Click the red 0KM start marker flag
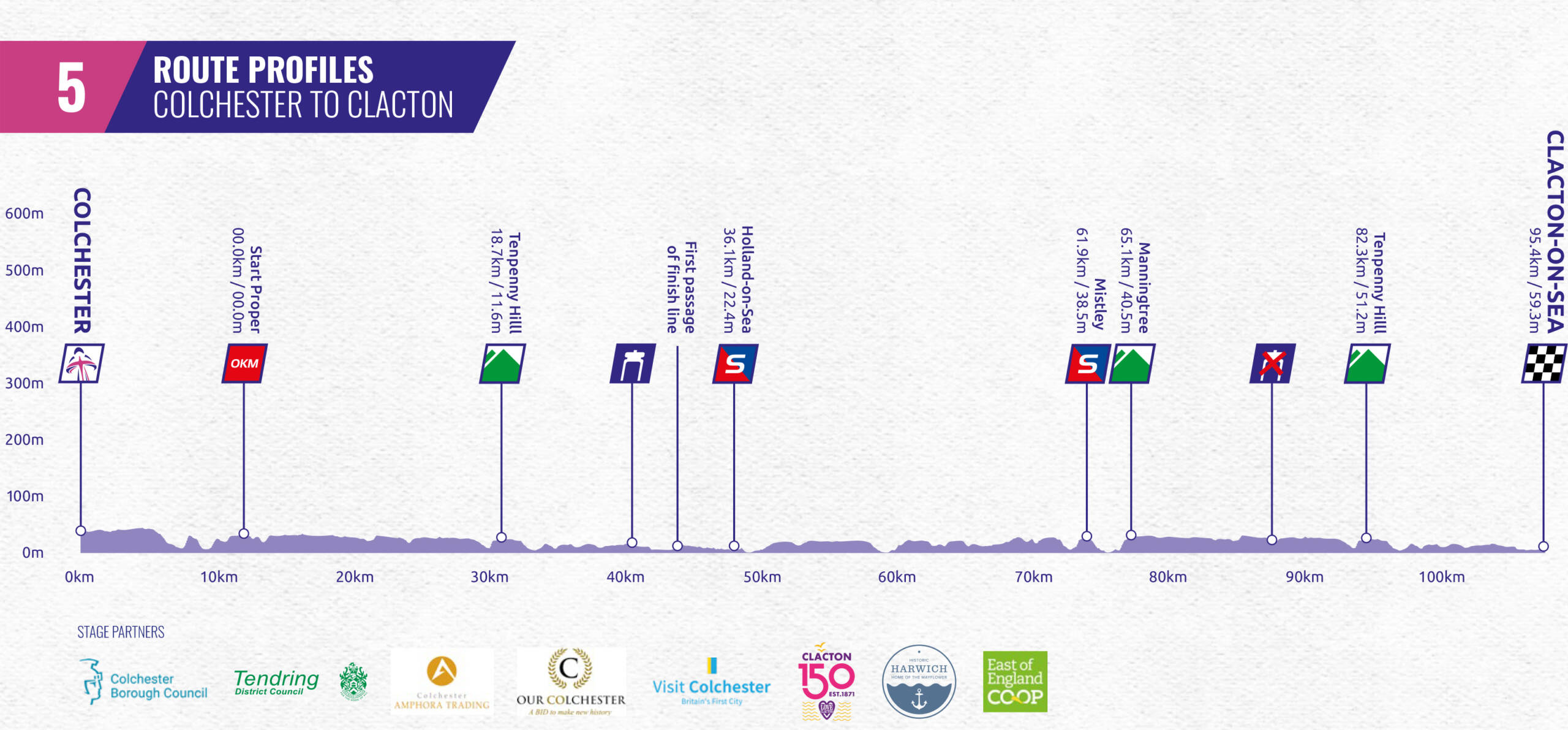244,363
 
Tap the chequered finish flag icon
1543,363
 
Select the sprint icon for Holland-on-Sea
735,363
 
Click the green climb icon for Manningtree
1132,363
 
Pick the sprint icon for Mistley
1087,363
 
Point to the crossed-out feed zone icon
1272,363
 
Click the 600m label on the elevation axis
24,213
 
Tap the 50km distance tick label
762,577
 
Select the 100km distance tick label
1441,577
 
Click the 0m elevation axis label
32,552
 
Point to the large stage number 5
71,88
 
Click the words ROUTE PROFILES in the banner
263,69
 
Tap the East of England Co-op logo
1014,682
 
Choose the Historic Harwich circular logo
919,682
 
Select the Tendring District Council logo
276,682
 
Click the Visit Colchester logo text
711,686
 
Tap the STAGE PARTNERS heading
121,632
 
